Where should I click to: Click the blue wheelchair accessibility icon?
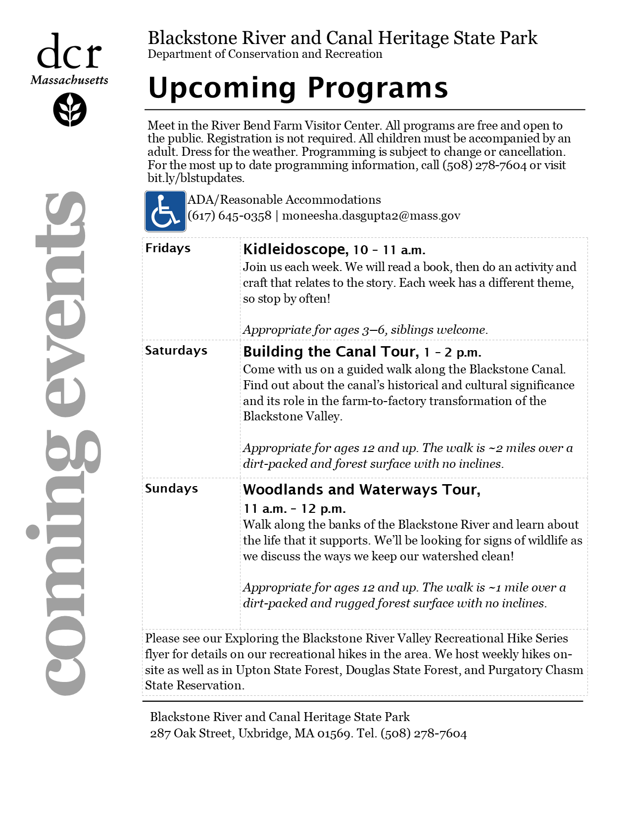165,211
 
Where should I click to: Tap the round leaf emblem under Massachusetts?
70,110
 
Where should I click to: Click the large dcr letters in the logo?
69,52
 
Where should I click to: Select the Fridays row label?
168,248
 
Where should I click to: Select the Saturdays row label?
176,351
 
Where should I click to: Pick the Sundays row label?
171,489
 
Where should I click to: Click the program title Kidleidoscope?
295,249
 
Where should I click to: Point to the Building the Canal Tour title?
331,352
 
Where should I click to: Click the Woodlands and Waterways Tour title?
361,490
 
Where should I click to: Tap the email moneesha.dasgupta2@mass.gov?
371,216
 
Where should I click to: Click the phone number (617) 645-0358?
230,216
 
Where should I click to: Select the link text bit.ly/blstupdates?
195,178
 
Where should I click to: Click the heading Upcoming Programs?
298,88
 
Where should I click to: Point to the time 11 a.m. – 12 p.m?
294,509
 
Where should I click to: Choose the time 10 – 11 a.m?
389,250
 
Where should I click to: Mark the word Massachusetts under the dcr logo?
69,80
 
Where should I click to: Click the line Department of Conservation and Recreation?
265,54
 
